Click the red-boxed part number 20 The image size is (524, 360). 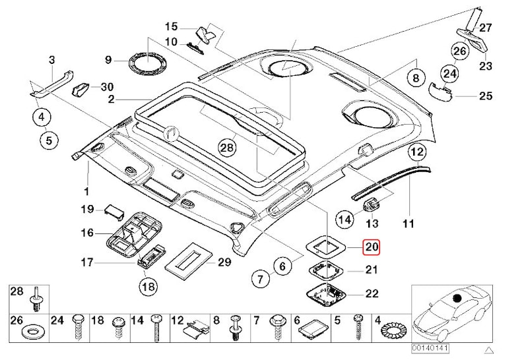372,247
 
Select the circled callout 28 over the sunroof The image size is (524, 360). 227,147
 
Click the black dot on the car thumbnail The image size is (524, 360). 457,298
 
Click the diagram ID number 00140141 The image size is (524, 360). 430,348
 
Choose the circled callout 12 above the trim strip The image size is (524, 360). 417,152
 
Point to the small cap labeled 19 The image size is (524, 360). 114,211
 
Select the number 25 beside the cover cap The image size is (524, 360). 486,96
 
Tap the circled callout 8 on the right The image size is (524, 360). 416,78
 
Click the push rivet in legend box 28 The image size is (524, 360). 36,299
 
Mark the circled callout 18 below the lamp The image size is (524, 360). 148,286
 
